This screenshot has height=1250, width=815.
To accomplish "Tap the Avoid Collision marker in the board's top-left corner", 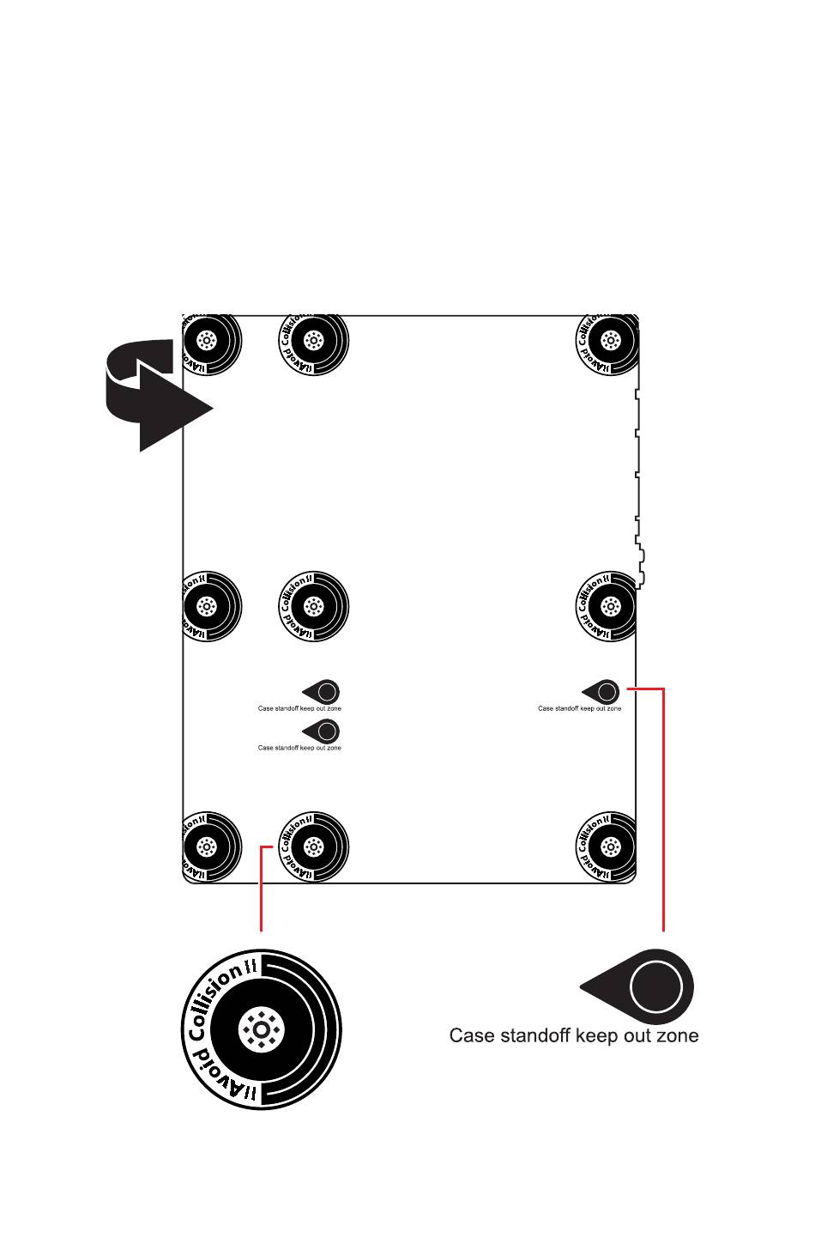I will pyautogui.click(x=208, y=341).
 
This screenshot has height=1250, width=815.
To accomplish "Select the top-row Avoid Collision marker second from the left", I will pyautogui.click(x=314, y=341).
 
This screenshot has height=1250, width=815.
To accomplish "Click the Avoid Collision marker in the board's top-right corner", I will pyautogui.click(x=609, y=341).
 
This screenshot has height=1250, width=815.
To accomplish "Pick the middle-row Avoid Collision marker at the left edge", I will pyautogui.click(x=208, y=607).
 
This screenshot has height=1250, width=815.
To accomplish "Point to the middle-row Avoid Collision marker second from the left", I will pyautogui.click(x=314, y=607).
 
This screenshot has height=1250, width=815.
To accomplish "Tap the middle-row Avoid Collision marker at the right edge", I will pyautogui.click(x=609, y=607).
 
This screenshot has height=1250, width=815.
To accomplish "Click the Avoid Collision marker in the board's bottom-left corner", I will pyautogui.click(x=208, y=847).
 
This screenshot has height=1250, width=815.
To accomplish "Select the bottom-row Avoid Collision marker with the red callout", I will pyautogui.click(x=314, y=847).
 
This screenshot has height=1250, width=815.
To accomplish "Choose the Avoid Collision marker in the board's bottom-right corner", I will pyautogui.click(x=609, y=847).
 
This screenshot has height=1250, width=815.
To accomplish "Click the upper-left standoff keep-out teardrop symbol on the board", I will pyautogui.click(x=323, y=691).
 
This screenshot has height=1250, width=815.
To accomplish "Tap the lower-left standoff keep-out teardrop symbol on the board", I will pyautogui.click(x=323, y=731).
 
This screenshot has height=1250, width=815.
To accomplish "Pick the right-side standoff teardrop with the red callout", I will pyautogui.click(x=603, y=691).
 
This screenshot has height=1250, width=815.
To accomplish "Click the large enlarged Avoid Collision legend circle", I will pyautogui.click(x=262, y=1029).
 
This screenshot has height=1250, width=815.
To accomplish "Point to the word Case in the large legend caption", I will pyautogui.click(x=471, y=1036).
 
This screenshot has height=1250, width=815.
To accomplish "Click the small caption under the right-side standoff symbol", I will pyautogui.click(x=579, y=709).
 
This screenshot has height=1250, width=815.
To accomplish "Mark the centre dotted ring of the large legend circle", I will pyautogui.click(x=262, y=1029).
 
